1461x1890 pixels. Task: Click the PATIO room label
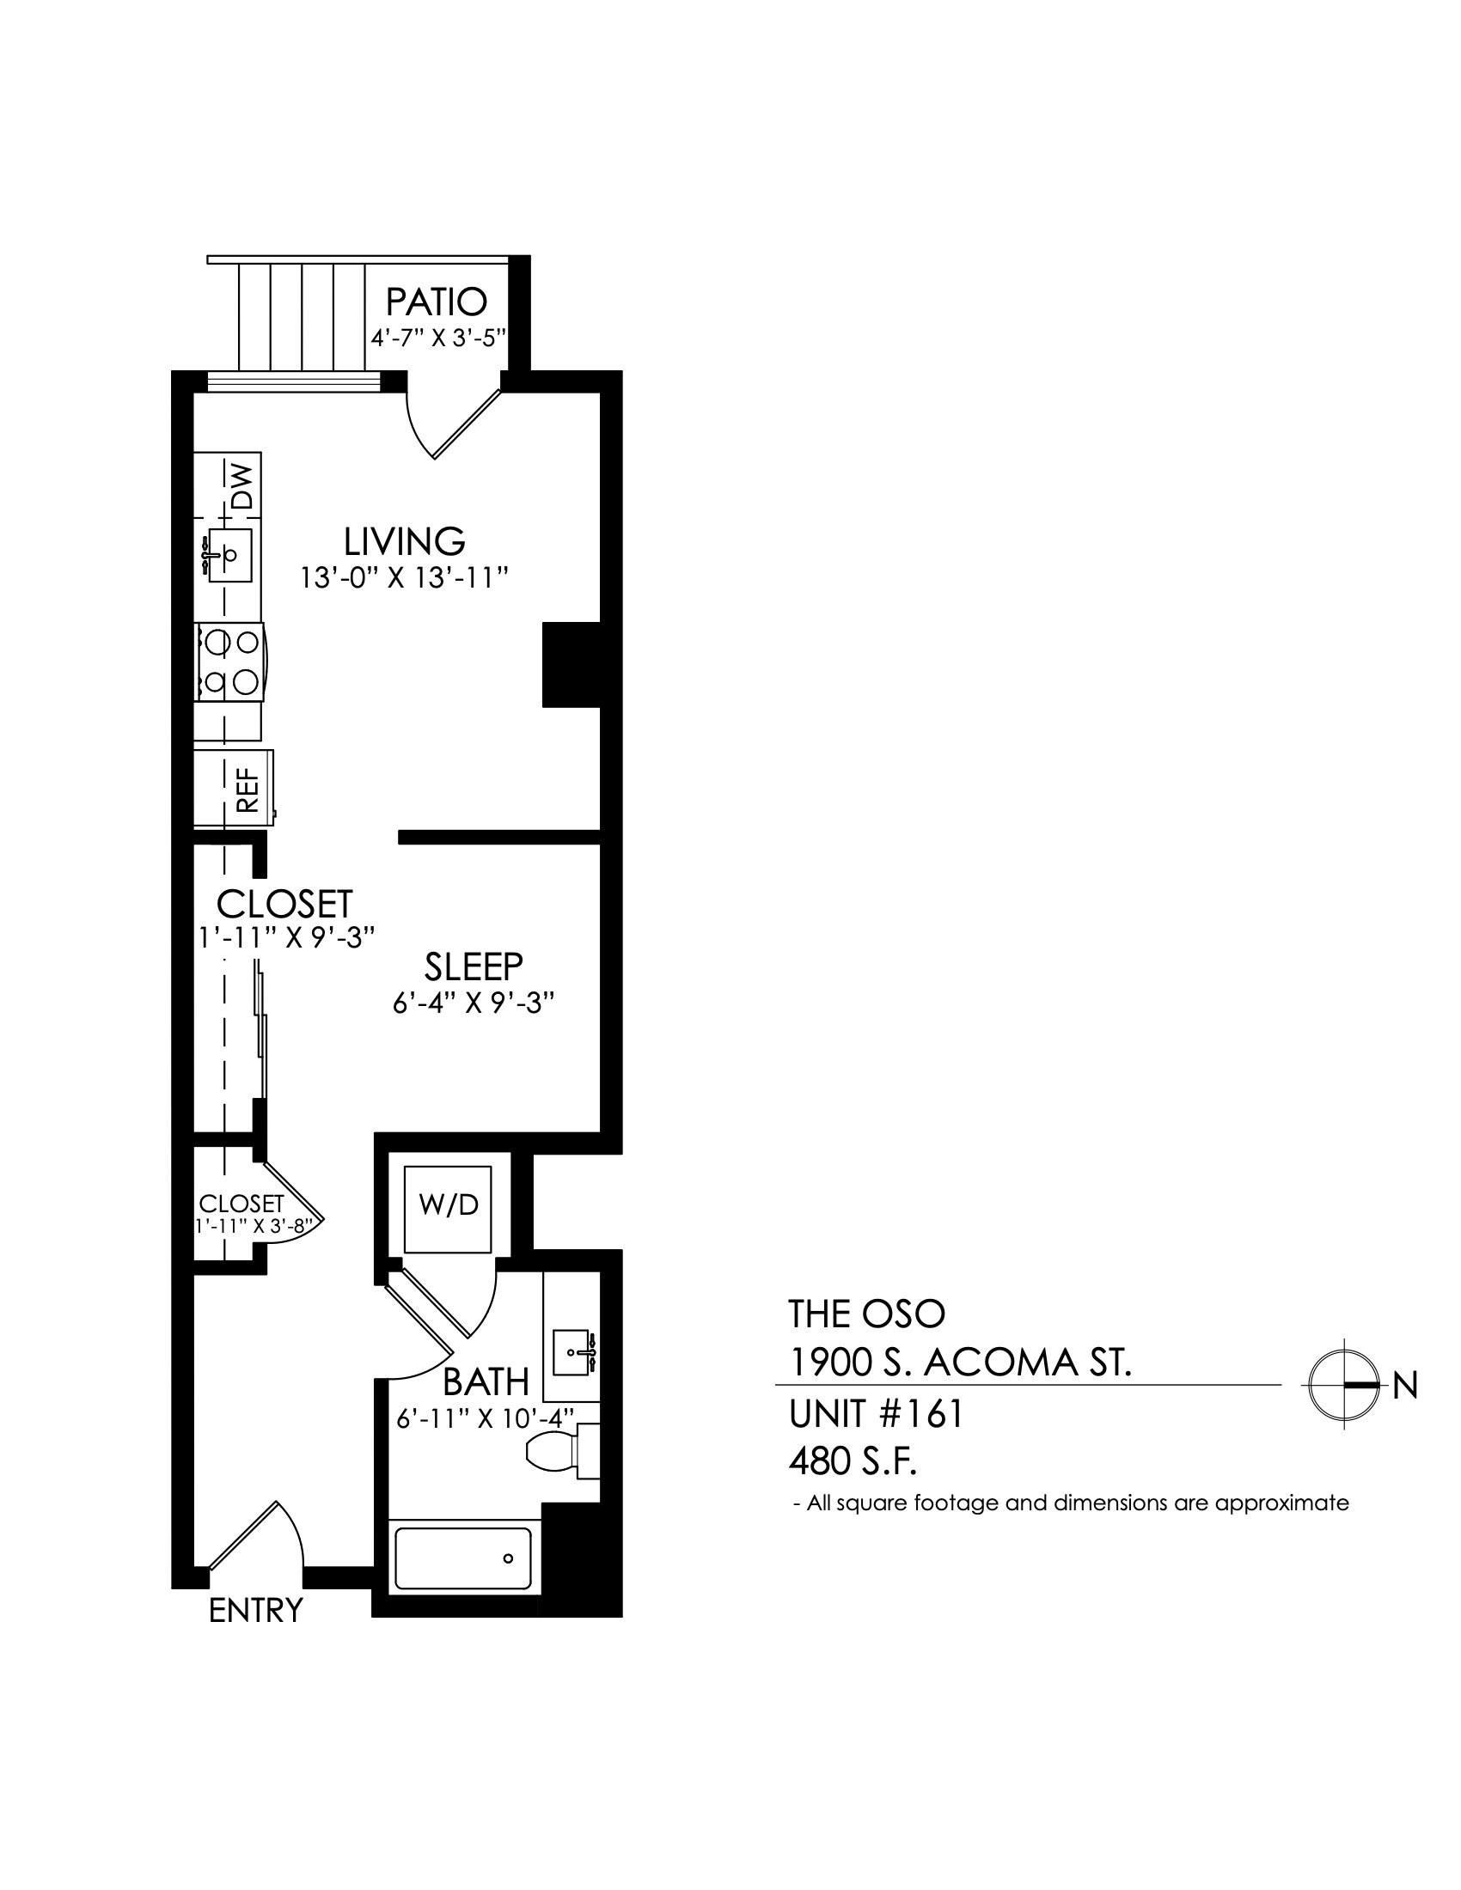pos(437,302)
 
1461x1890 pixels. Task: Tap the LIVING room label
pos(405,542)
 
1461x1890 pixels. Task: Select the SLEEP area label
pos(474,966)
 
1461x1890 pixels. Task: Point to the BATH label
pos(486,1382)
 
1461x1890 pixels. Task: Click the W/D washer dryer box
pos(449,1209)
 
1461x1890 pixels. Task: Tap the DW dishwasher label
pos(243,485)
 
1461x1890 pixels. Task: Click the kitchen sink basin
pos(229,555)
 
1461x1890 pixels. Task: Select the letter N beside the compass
pos(1406,1387)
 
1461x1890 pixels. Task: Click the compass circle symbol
pos(1343,1386)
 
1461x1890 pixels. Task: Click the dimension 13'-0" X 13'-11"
pos(403,577)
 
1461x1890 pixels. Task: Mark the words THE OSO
pos(866,1314)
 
